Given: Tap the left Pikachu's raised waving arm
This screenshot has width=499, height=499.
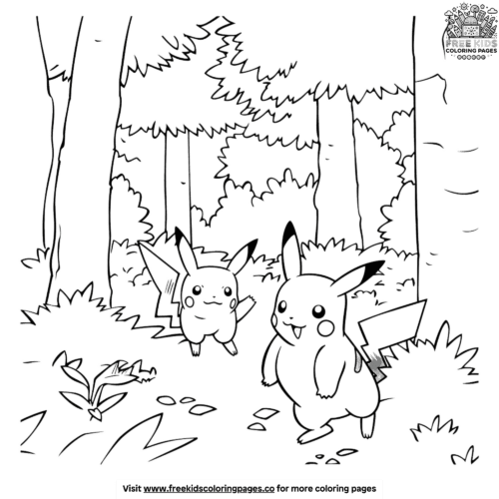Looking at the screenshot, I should click(x=241, y=303).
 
